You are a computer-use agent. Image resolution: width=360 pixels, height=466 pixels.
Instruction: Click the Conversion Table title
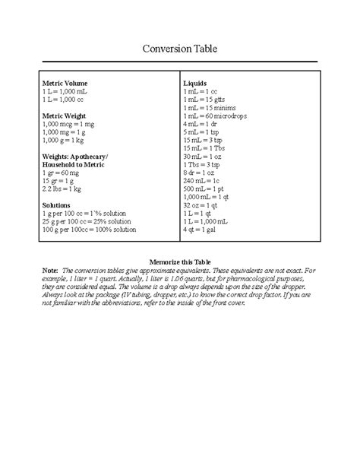(x=180, y=49)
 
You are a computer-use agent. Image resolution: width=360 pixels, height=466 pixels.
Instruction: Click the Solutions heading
(x=58, y=205)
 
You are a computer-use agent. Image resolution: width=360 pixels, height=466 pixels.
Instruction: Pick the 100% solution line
(x=90, y=230)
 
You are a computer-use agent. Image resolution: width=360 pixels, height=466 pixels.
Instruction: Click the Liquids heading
(x=195, y=82)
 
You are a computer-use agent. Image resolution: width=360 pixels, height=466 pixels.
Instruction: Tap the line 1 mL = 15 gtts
(x=205, y=99)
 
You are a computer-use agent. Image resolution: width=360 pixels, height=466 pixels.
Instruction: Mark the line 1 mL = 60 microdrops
(x=215, y=115)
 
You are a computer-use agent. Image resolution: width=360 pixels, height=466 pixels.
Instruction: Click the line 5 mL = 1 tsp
(x=203, y=132)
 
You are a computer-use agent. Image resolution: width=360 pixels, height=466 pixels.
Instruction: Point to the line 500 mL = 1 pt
(x=204, y=189)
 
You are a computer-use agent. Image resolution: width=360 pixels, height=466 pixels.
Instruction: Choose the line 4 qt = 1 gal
(x=201, y=230)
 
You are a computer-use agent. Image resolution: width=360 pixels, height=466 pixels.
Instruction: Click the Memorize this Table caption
(x=180, y=261)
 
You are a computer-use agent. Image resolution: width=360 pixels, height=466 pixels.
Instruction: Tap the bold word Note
(x=51, y=270)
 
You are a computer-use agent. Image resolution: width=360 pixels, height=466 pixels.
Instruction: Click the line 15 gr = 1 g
(x=61, y=181)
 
